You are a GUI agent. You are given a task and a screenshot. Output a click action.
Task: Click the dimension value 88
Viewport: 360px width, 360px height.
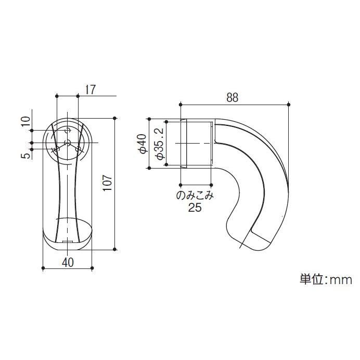pyautogui.click(x=232, y=98)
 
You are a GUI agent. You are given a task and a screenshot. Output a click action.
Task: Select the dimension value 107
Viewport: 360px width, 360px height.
pyautogui.click(x=107, y=183)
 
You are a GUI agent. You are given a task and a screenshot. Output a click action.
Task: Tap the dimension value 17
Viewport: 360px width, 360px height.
pyautogui.click(x=90, y=89)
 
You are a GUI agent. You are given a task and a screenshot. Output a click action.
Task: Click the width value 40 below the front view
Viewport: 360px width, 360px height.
pyautogui.click(x=67, y=262)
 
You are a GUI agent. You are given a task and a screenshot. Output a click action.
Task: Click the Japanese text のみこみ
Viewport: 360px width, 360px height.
pyautogui.click(x=195, y=197)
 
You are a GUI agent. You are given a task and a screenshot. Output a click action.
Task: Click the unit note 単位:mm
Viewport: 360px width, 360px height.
pyautogui.click(x=326, y=280)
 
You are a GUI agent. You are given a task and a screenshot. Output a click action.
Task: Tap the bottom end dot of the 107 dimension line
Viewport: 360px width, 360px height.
pyautogui.click(x=114, y=250)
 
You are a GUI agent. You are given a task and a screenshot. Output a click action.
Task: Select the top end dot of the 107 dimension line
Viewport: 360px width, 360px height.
pyautogui.click(x=114, y=117)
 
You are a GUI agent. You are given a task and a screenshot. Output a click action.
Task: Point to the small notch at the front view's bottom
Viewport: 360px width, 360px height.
pyautogui.click(x=67, y=242)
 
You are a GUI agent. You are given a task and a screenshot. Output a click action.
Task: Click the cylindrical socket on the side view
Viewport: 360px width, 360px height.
pyautogui.click(x=196, y=143)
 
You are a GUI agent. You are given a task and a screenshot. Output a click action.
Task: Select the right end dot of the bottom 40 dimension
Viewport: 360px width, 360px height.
pyautogui.click(x=92, y=268)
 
